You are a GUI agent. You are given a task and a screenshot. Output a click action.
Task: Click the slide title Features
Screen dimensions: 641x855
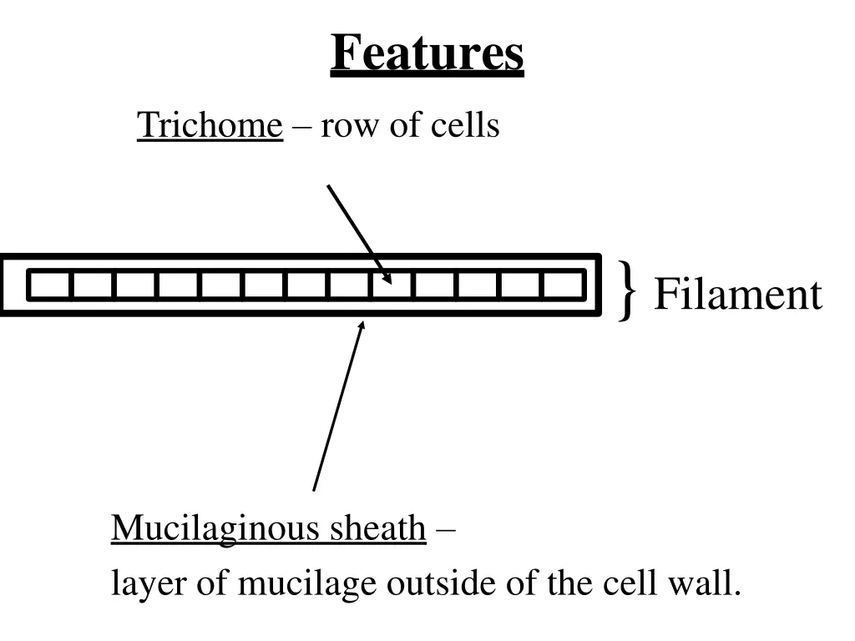coord(427,54)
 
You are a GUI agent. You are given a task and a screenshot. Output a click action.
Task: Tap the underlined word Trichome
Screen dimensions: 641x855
coord(210,125)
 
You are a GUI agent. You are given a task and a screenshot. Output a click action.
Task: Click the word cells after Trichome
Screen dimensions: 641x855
coord(465,125)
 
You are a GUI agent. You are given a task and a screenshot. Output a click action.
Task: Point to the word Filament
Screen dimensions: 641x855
coord(737,295)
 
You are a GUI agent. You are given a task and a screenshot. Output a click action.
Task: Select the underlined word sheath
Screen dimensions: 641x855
coord(377,528)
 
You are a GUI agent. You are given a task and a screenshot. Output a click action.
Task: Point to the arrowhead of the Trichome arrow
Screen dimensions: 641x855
coord(387,280)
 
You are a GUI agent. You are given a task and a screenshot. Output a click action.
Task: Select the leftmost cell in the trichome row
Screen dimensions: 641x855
coord(50,285)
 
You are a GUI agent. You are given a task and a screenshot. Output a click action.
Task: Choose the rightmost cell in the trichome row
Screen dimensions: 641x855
coord(563,285)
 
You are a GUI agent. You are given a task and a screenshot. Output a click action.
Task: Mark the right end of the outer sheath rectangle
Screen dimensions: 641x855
coord(600,285)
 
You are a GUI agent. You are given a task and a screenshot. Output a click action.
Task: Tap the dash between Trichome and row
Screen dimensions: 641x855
coord(301,128)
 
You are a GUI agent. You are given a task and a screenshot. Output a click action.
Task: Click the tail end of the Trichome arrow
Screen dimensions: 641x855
coord(328,185)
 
